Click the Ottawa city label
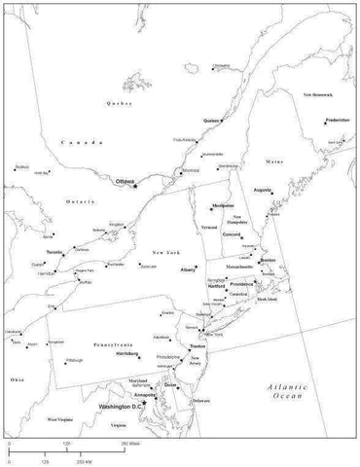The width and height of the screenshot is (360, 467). [124, 181]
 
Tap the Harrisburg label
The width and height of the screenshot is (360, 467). [126, 353]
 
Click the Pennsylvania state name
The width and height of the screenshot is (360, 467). [113, 344]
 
